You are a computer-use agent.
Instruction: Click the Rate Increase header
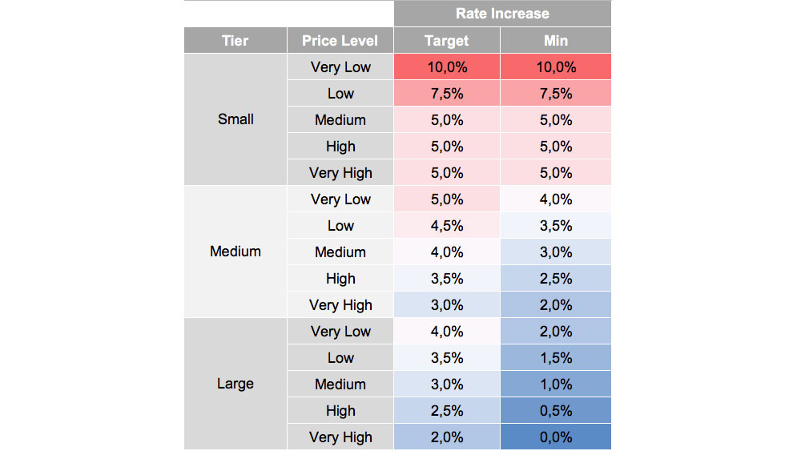coord(502,14)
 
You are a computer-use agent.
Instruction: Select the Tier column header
coord(235,41)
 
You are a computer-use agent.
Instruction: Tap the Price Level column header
coord(340,41)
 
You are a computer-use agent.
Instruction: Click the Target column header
coord(446,41)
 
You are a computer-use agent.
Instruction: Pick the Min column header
coord(555,41)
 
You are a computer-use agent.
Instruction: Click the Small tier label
coord(235,119)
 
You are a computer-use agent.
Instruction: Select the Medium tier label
coord(235,252)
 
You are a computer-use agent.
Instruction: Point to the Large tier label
coord(235,384)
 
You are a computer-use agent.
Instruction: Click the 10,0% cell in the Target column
coord(446,67)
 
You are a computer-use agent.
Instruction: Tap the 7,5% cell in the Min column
coord(555,94)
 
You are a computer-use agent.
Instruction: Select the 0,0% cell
coord(555,437)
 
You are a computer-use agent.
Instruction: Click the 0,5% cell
coord(555,411)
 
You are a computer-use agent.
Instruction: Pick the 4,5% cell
coord(446,226)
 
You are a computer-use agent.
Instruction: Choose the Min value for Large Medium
coord(555,385)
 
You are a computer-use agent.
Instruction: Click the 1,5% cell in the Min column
coord(555,358)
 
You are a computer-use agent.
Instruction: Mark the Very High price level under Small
coord(340,173)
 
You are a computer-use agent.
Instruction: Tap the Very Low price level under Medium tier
coord(340,199)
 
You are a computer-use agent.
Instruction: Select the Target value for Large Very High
coord(446,437)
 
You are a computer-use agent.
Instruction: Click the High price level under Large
coord(340,411)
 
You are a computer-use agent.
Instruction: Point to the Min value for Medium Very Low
coord(555,199)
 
